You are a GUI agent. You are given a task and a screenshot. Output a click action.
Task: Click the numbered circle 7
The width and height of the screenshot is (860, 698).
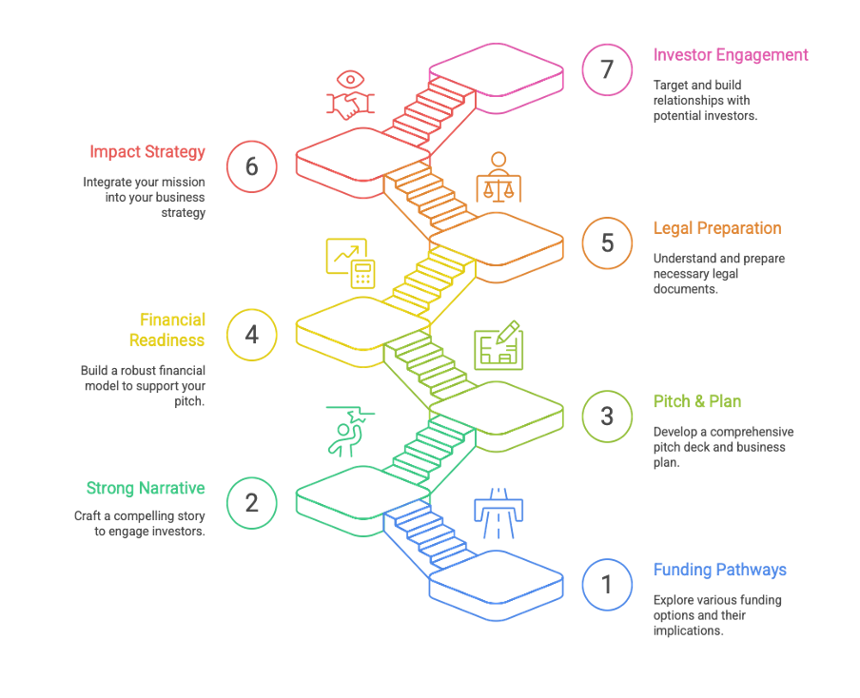tap(608, 69)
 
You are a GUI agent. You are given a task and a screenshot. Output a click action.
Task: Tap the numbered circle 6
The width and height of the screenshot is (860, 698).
tap(251, 166)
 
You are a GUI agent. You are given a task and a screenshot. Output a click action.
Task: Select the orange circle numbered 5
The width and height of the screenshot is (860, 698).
tap(608, 242)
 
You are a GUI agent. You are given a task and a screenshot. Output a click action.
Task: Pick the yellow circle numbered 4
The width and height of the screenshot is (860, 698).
tap(251, 335)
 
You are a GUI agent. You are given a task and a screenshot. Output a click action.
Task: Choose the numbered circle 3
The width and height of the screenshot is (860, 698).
tap(608, 417)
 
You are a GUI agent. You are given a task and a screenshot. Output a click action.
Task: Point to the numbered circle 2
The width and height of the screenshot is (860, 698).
tap(251, 502)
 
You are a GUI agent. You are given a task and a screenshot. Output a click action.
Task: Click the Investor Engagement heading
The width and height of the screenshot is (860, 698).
tap(730, 54)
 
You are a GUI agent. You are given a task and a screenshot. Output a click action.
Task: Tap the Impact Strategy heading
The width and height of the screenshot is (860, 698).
tap(147, 152)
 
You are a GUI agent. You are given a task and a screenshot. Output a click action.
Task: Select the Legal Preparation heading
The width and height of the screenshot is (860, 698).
tap(716, 228)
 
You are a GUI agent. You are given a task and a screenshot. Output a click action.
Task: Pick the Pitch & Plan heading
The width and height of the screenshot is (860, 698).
tap(696, 401)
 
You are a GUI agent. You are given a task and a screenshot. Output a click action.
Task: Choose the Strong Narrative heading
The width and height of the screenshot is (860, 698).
tap(146, 488)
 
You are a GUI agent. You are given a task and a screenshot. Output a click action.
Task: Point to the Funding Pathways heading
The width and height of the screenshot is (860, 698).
tap(719, 570)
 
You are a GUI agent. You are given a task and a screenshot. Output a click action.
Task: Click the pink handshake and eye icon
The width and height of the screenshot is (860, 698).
tap(349, 95)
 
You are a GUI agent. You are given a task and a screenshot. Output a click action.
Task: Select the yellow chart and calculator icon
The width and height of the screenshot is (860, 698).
tap(351, 262)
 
